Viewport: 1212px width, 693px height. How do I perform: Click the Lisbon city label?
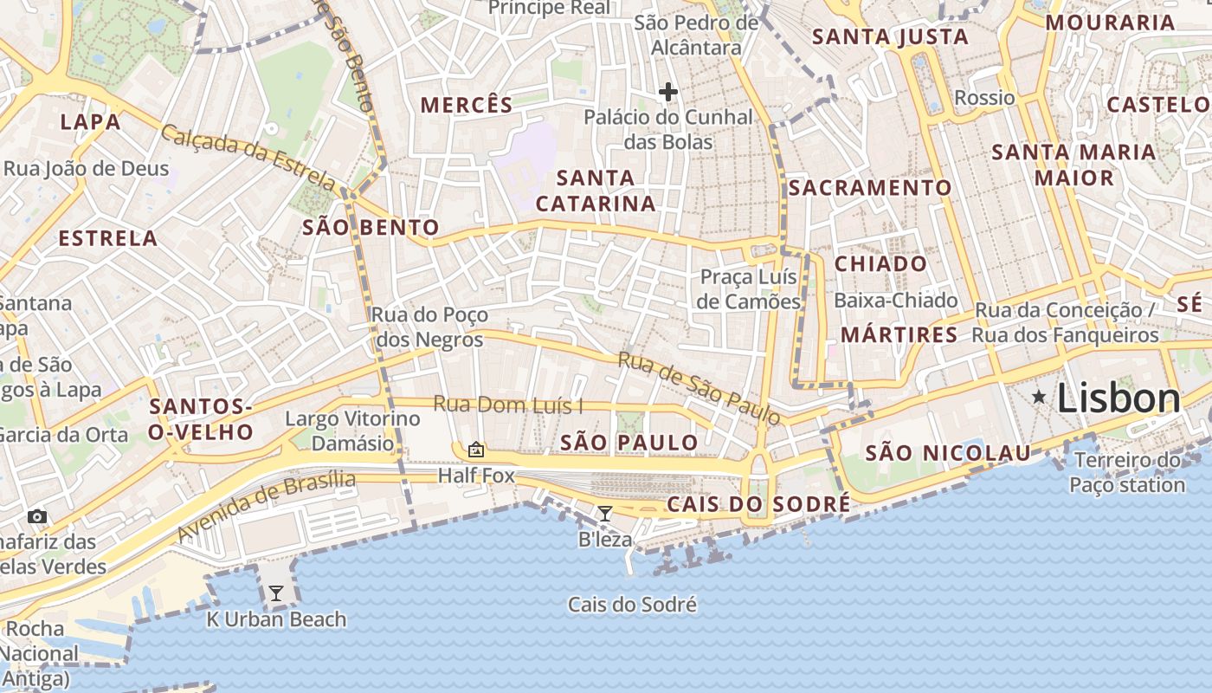[x=1119, y=398]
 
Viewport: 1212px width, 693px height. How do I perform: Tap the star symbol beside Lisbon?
[x=1039, y=398]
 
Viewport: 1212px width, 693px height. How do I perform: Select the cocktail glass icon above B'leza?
[x=605, y=514]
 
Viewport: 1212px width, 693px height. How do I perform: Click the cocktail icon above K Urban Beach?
[x=276, y=593]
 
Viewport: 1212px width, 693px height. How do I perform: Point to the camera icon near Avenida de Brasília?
[x=36, y=516]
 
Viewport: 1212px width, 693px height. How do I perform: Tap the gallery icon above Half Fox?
[x=475, y=450]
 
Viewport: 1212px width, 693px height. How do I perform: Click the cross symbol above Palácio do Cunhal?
[x=667, y=91]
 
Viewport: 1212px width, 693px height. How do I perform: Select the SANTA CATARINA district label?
[x=596, y=191]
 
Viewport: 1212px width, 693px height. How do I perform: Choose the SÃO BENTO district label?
[x=371, y=228]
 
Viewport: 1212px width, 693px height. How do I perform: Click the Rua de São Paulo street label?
[x=699, y=387]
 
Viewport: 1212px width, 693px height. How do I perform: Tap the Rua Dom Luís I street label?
[x=508, y=405]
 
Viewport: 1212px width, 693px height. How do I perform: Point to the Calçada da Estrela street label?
[x=248, y=159]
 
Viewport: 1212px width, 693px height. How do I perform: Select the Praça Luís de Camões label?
[x=750, y=289]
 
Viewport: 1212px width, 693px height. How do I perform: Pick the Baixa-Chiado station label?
[x=896, y=301]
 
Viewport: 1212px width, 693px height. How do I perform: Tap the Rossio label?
[x=984, y=97]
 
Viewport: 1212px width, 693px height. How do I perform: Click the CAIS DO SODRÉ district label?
[x=758, y=504]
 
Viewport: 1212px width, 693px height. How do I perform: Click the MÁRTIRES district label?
[x=899, y=334]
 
